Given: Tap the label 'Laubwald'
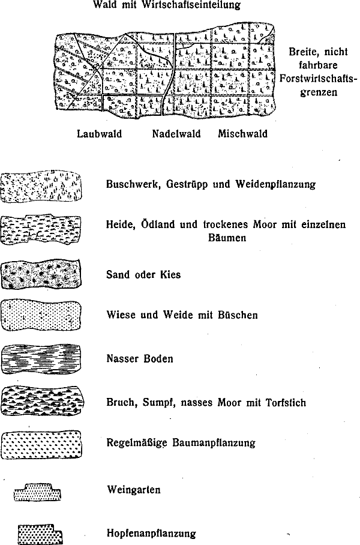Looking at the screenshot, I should [x=99, y=133].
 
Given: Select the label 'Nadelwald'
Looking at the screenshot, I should [x=176, y=133].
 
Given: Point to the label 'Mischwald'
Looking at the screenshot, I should [x=242, y=133].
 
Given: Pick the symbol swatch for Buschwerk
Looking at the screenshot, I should [x=41, y=186].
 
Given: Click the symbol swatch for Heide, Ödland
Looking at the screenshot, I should [x=41, y=230].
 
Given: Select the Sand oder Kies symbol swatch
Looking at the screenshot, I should [x=41, y=275].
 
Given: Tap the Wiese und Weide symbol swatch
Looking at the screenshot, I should [x=41, y=315].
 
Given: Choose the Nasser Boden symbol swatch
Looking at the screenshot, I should [x=41, y=359].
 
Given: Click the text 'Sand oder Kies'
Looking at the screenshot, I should [x=143, y=275].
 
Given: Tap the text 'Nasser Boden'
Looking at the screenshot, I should [x=139, y=359].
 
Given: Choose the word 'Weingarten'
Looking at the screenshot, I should [x=133, y=490].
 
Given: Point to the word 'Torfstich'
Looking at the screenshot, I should [x=284, y=402].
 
